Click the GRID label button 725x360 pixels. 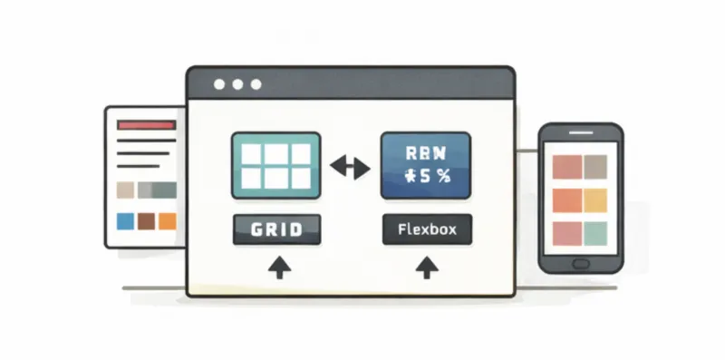pyautogui.click(x=276, y=229)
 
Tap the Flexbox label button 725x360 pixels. pyautogui.click(x=426, y=229)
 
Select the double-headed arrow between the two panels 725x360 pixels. pyautogui.click(x=349, y=167)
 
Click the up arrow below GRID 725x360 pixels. pyautogui.click(x=280, y=267)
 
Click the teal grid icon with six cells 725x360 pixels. pyautogui.click(x=276, y=165)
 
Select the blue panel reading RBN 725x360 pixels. pyautogui.click(x=426, y=165)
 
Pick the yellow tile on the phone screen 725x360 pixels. pyautogui.click(x=594, y=199)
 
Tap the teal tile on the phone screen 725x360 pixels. pyautogui.click(x=594, y=233)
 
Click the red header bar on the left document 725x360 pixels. pyautogui.click(x=146, y=124)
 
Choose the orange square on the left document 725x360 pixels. pyautogui.click(x=168, y=220)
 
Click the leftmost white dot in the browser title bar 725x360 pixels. pyautogui.click(x=219, y=85)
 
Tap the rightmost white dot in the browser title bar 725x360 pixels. pyautogui.click(x=257, y=85)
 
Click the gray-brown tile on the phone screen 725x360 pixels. pyautogui.click(x=594, y=167)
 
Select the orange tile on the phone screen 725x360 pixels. pyautogui.click(x=566, y=199)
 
